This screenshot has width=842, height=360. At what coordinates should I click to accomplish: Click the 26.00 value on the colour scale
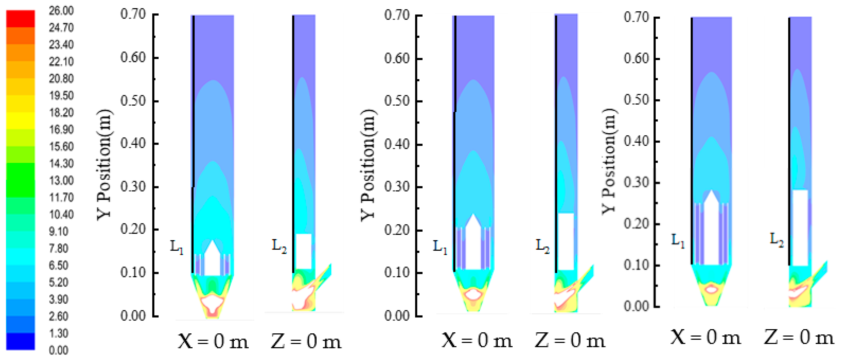(x=61, y=11)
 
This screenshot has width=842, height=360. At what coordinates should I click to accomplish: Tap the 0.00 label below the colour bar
(x=59, y=350)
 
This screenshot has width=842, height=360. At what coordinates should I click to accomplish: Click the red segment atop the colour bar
(x=20, y=19)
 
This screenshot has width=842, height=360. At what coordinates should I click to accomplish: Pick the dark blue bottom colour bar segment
(x=20, y=341)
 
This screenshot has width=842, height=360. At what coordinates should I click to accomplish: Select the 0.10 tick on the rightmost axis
(x=636, y=265)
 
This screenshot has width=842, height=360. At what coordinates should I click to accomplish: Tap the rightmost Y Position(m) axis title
(x=609, y=161)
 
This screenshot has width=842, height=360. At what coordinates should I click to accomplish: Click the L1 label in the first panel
(x=177, y=247)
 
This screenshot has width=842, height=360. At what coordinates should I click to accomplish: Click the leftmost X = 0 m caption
(x=213, y=342)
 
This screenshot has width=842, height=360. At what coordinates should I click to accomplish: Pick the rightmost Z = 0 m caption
(x=799, y=337)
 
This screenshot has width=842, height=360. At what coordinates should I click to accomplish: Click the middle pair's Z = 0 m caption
(x=570, y=341)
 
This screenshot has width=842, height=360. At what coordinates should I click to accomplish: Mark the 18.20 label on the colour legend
(x=61, y=113)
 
